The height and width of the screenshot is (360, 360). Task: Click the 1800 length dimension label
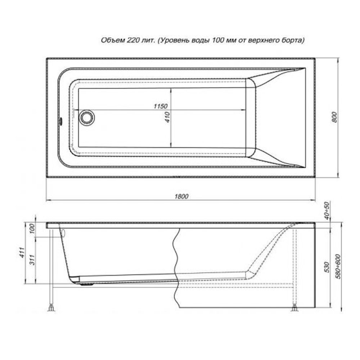(x=181, y=196)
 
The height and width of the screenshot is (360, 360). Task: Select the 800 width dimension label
(x=334, y=117)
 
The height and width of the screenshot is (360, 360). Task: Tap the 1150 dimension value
(x=161, y=106)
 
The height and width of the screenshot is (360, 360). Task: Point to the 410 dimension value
(x=168, y=117)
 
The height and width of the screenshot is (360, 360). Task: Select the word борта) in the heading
(x=292, y=41)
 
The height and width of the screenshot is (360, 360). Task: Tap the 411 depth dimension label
(x=22, y=253)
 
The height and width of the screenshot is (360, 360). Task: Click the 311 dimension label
(x=32, y=260)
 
